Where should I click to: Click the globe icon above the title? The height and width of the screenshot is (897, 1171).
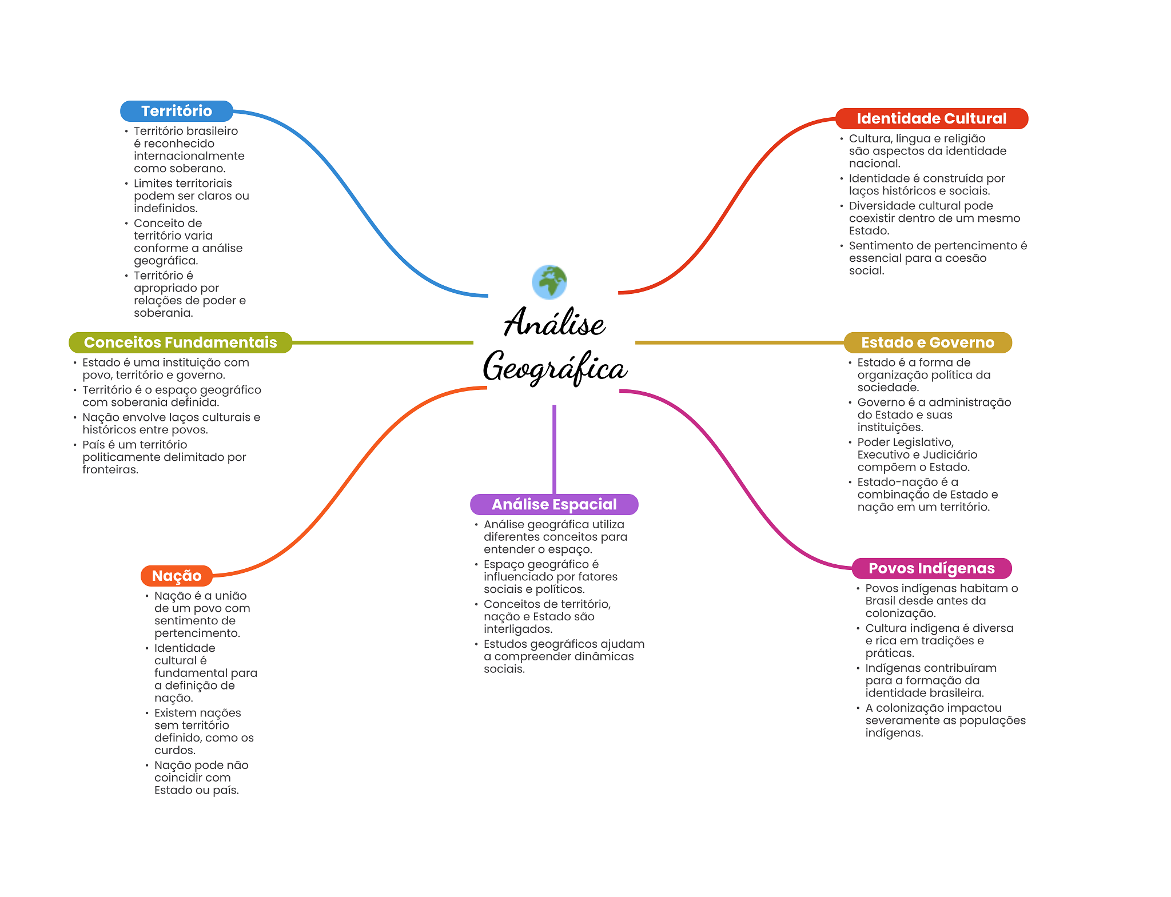549,282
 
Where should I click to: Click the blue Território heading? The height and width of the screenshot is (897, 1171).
177,111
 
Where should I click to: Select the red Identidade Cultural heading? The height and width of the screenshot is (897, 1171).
931,118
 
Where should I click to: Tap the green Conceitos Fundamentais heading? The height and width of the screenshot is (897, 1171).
180,342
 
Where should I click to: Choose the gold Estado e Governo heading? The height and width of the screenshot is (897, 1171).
927,342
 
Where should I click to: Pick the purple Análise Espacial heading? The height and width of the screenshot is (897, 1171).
554,504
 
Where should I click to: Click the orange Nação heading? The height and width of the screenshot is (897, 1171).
177,576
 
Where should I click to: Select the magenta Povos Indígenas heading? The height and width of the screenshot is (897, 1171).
931,568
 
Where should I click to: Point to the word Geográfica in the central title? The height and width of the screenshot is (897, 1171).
555,368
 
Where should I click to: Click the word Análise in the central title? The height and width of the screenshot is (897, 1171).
554,323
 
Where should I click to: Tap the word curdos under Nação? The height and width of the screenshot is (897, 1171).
174,750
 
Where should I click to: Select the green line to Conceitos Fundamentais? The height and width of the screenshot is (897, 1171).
383,342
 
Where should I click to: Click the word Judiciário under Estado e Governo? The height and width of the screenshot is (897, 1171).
950,455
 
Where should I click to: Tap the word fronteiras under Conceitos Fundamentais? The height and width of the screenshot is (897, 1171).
110,469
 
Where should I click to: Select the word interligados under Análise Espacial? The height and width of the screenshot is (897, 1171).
517,629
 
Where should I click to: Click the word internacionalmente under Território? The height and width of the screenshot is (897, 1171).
189,156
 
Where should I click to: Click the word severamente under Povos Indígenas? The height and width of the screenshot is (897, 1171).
903,720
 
